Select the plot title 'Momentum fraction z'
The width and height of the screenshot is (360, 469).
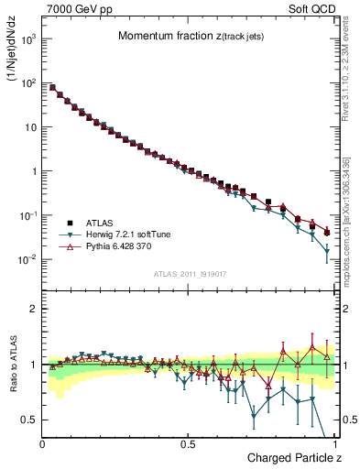pos(179,36)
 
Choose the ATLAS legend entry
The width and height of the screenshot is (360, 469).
pos(100,223)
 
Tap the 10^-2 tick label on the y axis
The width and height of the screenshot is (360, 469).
pos(28,259)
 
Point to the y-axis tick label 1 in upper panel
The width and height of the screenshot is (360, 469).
pos(33,171)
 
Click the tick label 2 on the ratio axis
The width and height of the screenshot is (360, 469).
pos(33,309)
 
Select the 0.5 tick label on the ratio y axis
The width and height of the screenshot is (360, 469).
pos(29,420)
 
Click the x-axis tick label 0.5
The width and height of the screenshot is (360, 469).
pos(188,443)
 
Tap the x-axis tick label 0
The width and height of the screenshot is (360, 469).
pos(43,443)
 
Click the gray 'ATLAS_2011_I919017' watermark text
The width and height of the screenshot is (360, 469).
pos(188,273)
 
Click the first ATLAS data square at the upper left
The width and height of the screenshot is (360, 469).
pos(52,88)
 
